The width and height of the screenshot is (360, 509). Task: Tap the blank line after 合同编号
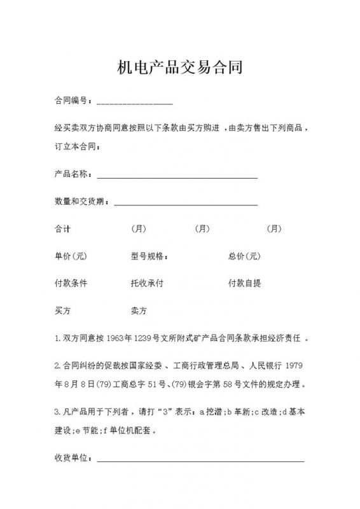pos(134,102)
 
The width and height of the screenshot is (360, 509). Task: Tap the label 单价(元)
pos(70,256)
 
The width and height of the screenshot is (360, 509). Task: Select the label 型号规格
pos(149,256)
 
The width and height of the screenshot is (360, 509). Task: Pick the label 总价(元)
pos(244,256)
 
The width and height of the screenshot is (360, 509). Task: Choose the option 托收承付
pos(147,284)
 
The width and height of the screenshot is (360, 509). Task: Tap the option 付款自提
pos(244,284)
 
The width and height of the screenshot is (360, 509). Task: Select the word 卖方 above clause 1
pos(139,311)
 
